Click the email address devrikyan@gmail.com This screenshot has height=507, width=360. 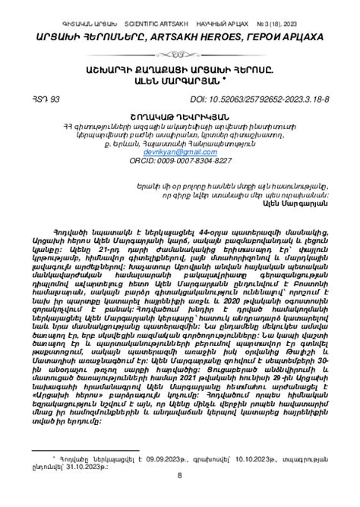180,153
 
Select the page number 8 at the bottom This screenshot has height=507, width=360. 179,475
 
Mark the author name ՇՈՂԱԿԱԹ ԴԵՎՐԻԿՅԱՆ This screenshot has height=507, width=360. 180,116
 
